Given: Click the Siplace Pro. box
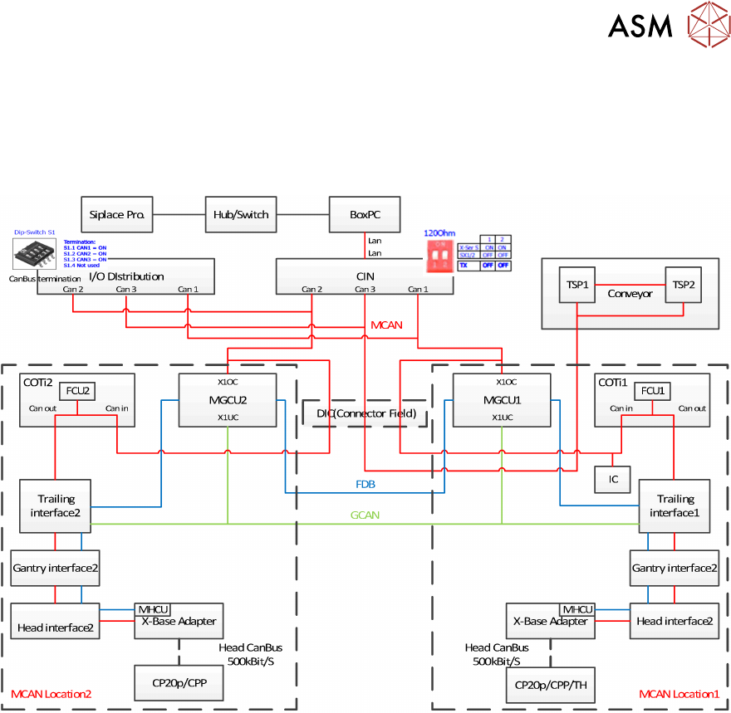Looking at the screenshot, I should pyautogui.click(x=117, y=214).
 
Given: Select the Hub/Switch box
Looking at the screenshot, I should pyautogui.click(x=241, y=214).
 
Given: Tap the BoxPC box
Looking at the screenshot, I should pyautogui.click(x=364, y=214).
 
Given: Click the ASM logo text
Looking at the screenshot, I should pyautogui.click(x=640, y=26).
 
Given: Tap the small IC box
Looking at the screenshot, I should pyautogui.click(x=612, y=479).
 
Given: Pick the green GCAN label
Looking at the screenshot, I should pyautogui.click(x=365, y=515).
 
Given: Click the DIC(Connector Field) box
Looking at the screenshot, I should pyautogui.click(x=365, y=413).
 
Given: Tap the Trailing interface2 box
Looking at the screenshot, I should pyautogui.click(x=56, y=505).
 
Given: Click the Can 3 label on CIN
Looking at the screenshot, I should pyautogui.click(x=365, y=289).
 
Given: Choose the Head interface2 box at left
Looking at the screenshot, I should pyautogui.click(x=55, y=628).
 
